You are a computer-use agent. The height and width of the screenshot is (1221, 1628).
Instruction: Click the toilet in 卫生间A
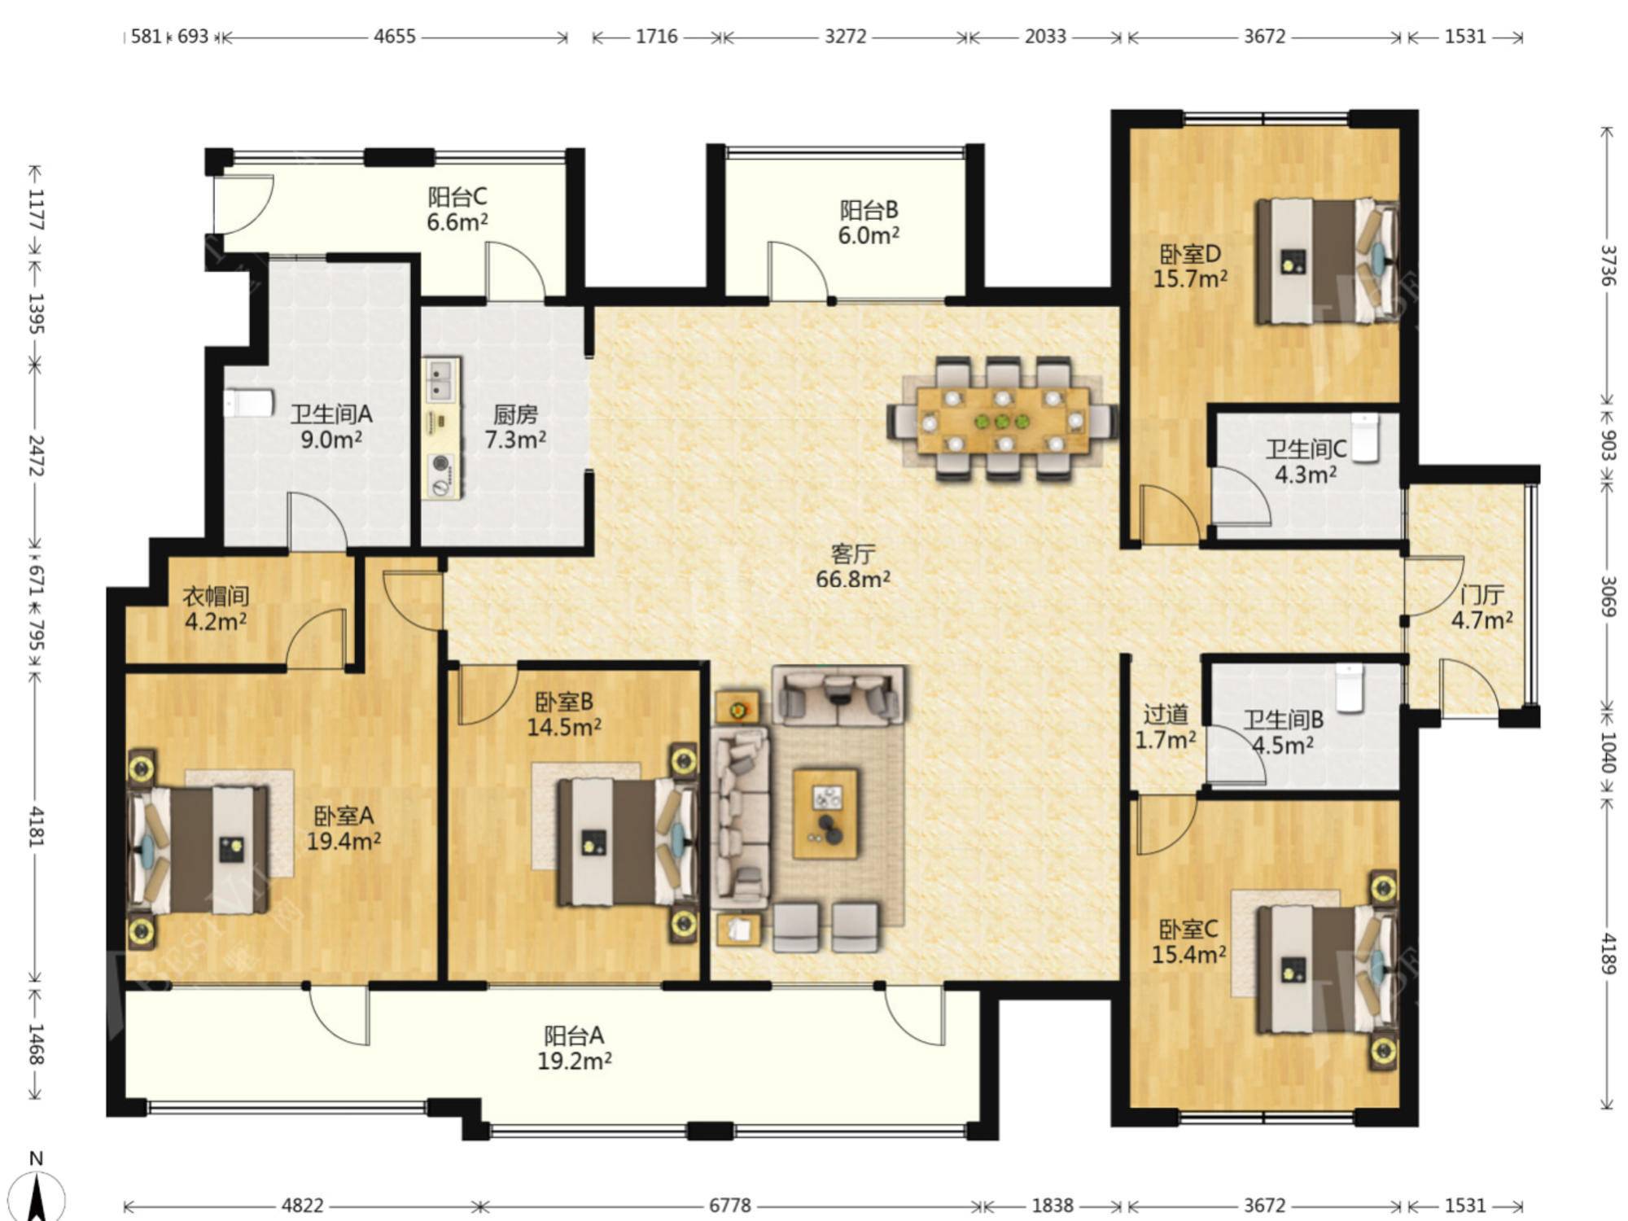coord(248,403)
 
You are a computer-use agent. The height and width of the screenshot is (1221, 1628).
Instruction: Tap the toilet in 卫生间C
coord(1364,437)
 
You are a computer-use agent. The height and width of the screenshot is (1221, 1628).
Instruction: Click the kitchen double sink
coord(440,381)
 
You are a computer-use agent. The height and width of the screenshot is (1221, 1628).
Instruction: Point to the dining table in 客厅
coord(1003,420)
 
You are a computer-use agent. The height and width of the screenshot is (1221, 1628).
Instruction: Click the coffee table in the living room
coord(825,813)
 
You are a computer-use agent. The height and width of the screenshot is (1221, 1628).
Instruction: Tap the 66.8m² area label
coord(853,580)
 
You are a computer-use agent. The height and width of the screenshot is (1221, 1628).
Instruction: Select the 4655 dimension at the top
coord(395,37)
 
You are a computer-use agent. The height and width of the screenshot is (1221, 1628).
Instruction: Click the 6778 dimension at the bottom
coord(729,1205)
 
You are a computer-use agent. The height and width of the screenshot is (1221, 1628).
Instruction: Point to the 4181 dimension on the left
coord(36,826)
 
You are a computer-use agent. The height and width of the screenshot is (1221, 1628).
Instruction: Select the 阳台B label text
coord(869,210)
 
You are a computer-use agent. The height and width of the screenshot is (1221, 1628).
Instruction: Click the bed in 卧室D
coord(1328,261)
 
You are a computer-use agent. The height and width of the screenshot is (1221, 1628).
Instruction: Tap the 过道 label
coord(1166,715)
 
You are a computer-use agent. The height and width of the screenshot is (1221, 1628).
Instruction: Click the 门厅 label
coord(1482,595)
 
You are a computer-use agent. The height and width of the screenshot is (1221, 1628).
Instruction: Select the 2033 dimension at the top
coord(1045,37)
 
